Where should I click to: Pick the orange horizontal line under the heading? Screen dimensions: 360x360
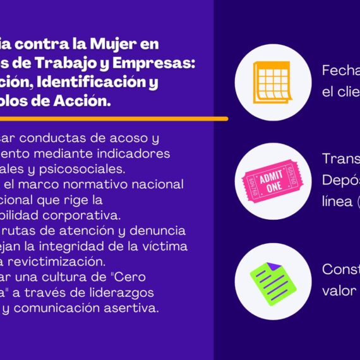tap(114, 118)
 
